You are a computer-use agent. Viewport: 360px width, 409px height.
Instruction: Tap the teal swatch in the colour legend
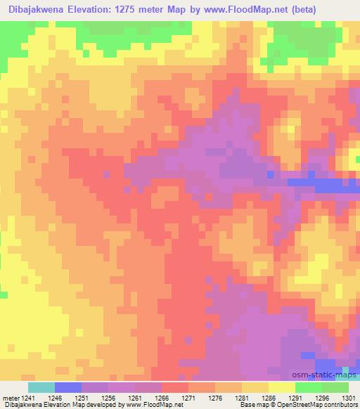click(x=41, y=387)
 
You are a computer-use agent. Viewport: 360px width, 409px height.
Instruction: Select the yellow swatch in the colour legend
click(x=281, y=387)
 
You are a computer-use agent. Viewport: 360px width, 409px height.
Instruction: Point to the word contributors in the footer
click(x=341, y=405)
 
